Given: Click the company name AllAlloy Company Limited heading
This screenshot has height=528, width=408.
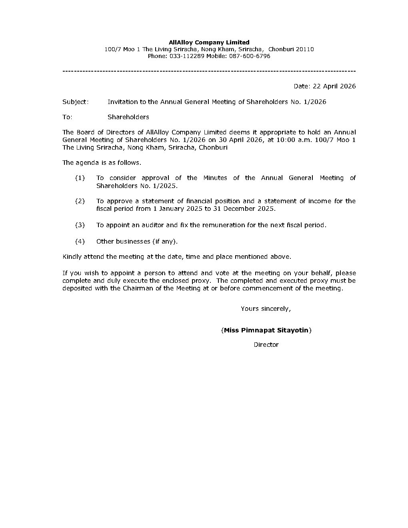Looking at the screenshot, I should point(209,42).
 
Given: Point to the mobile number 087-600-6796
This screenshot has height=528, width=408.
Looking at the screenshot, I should point(250,56).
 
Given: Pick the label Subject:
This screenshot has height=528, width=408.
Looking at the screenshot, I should point(76,102).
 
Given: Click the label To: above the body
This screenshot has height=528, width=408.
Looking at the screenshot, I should point(67,117).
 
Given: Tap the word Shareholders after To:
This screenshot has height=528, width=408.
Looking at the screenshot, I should point(128,117).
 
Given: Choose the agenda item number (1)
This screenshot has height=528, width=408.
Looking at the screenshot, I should point(80,178).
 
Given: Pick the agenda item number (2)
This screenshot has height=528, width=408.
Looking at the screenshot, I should point(80,201).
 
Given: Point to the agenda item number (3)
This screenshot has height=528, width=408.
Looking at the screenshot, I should point(80,225).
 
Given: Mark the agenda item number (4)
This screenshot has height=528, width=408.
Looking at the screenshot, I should point(80,242).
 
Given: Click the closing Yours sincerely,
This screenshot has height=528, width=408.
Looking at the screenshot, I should point(266,309).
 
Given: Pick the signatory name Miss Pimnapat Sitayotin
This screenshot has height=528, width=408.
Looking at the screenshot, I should point(266,330).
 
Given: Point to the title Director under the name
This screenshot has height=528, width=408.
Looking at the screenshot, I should point(266,345).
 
